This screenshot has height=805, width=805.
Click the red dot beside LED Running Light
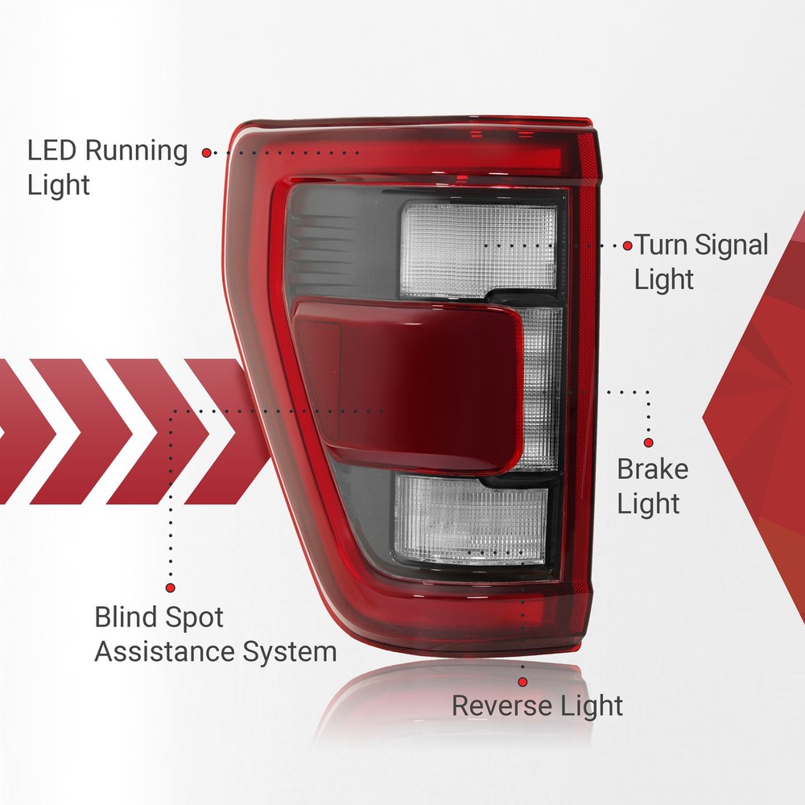coord(206,152)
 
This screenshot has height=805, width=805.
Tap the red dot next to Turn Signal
coord(627,246)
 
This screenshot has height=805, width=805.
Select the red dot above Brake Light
coord(648,443)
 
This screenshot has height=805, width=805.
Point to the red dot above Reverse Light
coord(522,682)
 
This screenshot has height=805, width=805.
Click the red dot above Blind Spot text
coord(171,588)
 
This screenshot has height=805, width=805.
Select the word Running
coord(136,152)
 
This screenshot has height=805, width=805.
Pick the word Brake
coord(653,469)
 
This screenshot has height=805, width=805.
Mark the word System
coord(290,653)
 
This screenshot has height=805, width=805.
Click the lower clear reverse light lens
coord(469,518)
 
